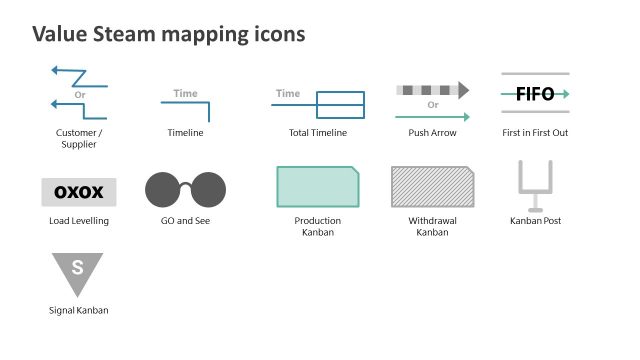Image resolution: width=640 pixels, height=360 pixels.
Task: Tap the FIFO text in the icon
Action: coord(535,94)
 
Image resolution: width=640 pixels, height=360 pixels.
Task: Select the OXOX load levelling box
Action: coord(79,192)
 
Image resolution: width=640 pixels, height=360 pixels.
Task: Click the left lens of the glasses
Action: coord(163,190)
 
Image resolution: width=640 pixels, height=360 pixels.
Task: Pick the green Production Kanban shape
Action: coord(317,187)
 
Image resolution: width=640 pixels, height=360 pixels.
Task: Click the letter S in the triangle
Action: coord(77,268)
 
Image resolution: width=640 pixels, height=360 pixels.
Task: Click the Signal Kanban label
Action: coord(78,310)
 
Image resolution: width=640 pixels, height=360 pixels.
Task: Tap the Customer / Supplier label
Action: coord(79,138)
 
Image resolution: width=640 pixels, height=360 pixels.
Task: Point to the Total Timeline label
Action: coord(317,132)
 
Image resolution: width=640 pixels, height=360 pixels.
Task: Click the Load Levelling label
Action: coord(79,220)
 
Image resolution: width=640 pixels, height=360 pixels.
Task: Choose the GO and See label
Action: coord(185,220)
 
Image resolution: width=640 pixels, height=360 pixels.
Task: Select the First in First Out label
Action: coord(535,132)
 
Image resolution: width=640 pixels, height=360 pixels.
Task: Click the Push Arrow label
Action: coord(433,132)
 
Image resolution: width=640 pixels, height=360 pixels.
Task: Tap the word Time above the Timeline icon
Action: coord(185,94)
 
